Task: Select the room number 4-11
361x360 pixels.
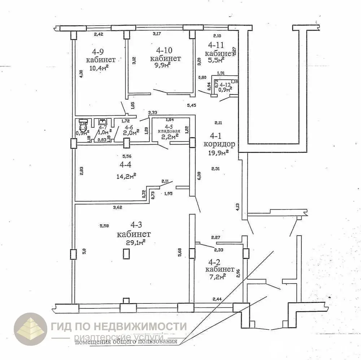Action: [216, 45]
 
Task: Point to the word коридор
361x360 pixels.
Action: [219, 144]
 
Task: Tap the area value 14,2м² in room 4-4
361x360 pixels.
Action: [126, 176]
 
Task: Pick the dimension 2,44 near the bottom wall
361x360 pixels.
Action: [217, 299]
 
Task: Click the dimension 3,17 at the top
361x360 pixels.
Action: [157, 34]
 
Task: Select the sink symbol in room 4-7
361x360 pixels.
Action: [103, 122]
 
